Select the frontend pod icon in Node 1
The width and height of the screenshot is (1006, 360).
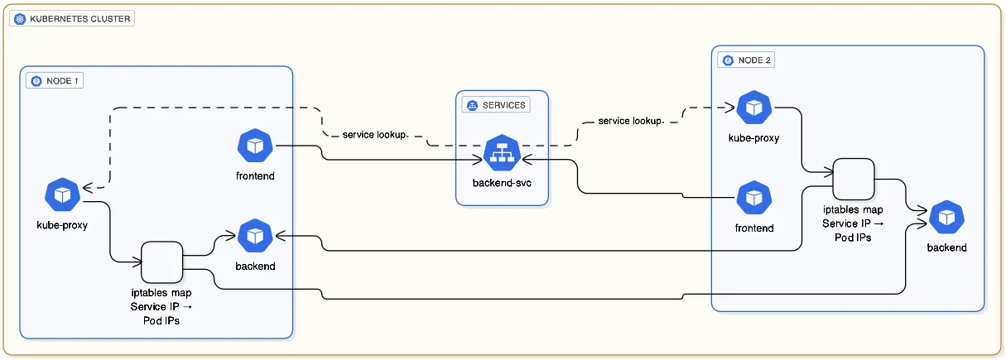pyautogui.click(x=254, y=146)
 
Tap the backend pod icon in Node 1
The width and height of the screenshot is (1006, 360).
pyautogui.click(x=254, y=237)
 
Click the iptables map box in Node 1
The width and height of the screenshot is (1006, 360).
pyautogui.click(x=161, y=262)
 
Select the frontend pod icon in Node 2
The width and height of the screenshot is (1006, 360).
pyautogui.click(x=753, y=199)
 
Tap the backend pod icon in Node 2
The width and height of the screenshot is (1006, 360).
pyautogui.click(x=946, y=218)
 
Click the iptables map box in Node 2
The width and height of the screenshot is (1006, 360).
pyautogui.click(x=854, y=179)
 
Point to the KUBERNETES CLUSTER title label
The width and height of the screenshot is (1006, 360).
pyautogui.click(x=79, y=18)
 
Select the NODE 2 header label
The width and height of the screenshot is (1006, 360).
pyautogui.click(x=755, y=60)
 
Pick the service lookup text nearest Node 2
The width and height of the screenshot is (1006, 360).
pyautogui.click(x=630, y=121)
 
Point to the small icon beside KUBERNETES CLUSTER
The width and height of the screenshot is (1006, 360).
pyautogui.click(x=20, y=18)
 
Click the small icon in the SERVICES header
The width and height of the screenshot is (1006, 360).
pyautogui.click(x=473, y=105)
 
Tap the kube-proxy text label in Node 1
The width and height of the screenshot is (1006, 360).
pyautogui.click(x=63, y=225)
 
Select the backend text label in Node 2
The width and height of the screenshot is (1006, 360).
pyautogui.click(x=946, y=247)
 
